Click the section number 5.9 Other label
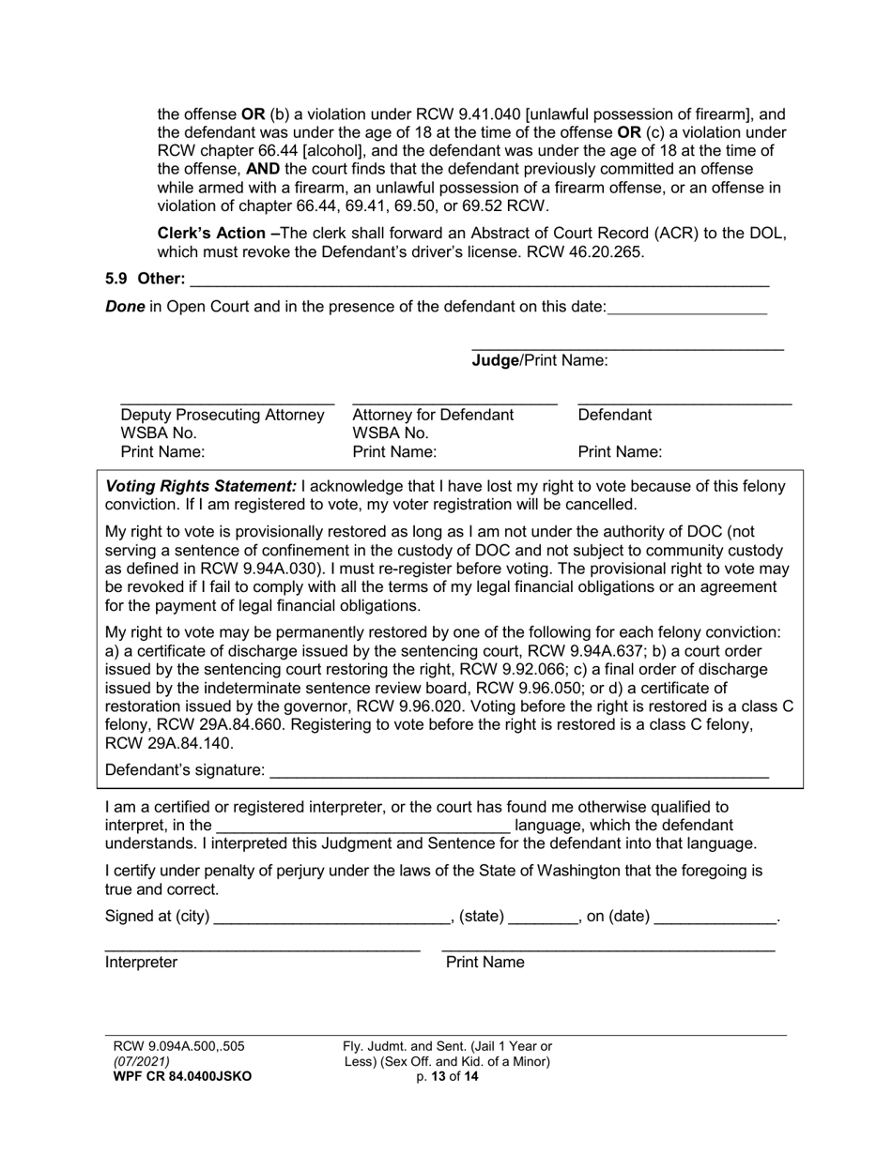[146, 279]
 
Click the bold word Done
[125, 306]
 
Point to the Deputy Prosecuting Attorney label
[223, 415]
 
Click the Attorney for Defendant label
[433, 415]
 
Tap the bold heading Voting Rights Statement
[201, 486]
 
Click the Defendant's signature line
[518, 771]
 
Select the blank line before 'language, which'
[363, 827]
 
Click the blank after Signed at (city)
[332, 918]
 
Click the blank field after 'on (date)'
[715, 918]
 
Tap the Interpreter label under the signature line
[141, 963]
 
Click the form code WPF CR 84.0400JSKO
[182, 1077]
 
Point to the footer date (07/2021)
[142, 1062]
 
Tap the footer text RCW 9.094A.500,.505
[178, 1046]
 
